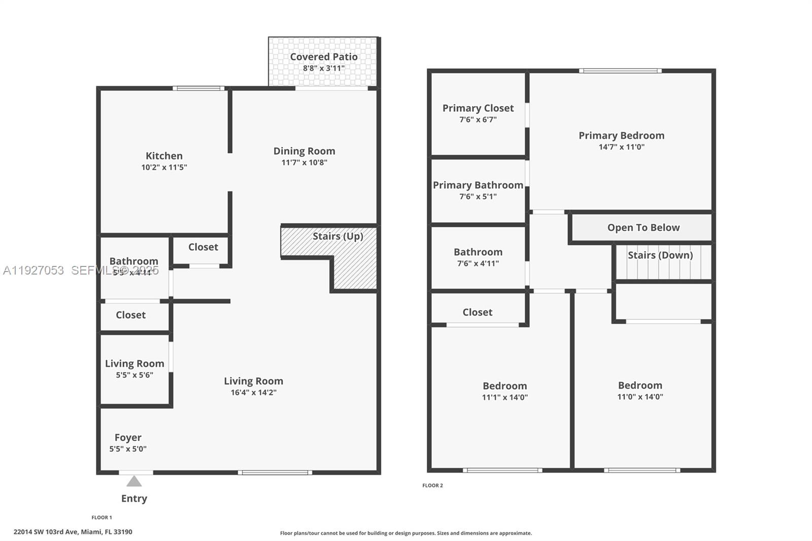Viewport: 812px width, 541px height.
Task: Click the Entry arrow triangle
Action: pos(134,481)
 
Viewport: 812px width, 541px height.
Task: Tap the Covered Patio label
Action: pos(324,57)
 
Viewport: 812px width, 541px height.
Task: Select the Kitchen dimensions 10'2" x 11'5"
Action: pos(164,167)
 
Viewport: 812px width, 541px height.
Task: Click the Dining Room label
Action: pos(304,151)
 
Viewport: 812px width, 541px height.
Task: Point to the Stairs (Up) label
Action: pos(337,236)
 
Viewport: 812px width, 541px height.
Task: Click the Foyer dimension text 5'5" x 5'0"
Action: pos(128,449)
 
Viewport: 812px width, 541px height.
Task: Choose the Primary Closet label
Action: pos(478,108)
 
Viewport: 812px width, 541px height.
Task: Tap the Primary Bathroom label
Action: pos(478,185)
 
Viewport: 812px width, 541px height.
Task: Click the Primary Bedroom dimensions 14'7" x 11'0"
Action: pos(621,147)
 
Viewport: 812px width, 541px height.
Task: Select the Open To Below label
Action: pos(643,228)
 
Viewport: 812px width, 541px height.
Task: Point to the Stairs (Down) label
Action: pos(660,255)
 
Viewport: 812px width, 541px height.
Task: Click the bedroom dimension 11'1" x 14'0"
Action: pos(504,398)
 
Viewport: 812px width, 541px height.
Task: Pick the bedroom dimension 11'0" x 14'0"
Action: pos(640,397)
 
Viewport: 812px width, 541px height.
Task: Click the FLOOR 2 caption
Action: pos(432,486)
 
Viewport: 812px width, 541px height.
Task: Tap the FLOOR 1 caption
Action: pos(101,518)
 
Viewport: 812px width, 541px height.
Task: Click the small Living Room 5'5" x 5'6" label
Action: pos(134,364)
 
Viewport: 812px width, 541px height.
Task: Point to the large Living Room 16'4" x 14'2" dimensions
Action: pos(253,393)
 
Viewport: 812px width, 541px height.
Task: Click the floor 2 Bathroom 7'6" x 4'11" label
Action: pos(478,252)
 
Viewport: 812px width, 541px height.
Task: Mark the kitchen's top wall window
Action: pos(198,88)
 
